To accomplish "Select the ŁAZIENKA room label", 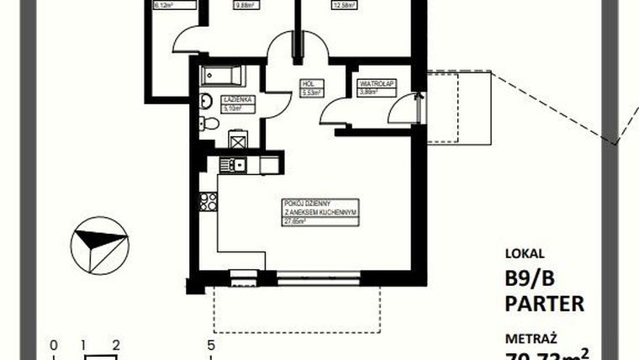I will (234, 99).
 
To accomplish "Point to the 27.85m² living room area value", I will (293, 221).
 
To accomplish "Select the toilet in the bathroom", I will (210, 124).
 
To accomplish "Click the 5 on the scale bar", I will (211, 345).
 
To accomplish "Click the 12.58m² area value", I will (320, 4).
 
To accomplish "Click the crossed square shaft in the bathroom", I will (238, 140).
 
